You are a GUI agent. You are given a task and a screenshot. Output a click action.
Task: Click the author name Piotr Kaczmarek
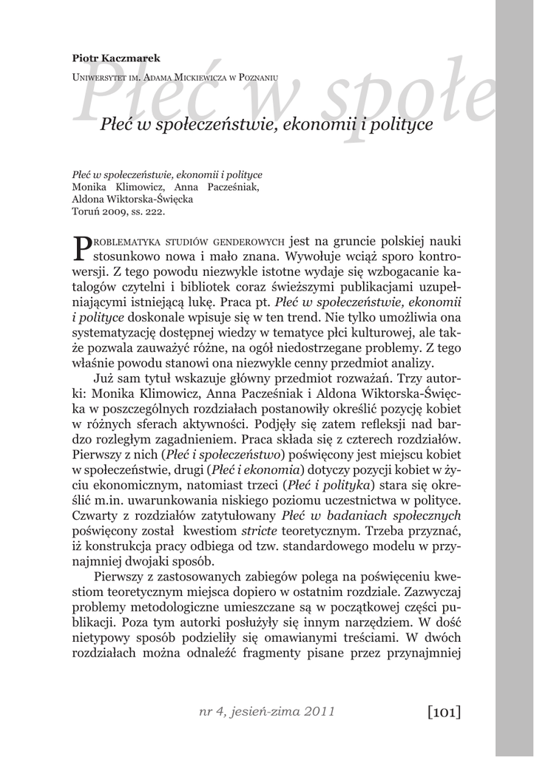(x=116, y=58)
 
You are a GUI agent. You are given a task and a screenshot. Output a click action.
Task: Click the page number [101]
(x=443, y=712)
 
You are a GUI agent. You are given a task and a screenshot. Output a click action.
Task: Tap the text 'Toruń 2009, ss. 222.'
(x=118, y=211)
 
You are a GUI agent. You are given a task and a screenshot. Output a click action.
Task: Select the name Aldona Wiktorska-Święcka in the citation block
(x=132, y=199)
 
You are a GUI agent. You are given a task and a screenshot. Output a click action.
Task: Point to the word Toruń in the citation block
(x=86, y=211)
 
